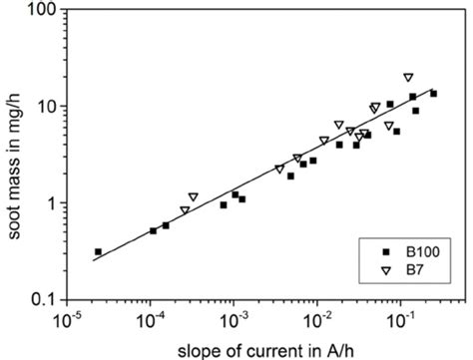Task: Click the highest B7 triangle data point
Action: pos(408,77)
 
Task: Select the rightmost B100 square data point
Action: pos(433,94)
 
